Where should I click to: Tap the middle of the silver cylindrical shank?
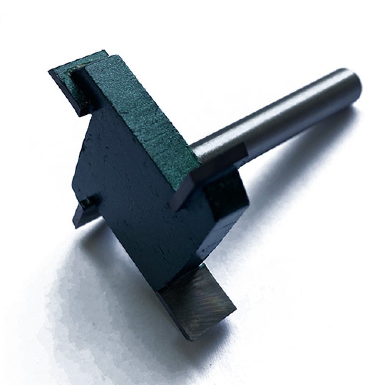click(277, 115)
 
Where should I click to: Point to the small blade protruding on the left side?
click(83, 214)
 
